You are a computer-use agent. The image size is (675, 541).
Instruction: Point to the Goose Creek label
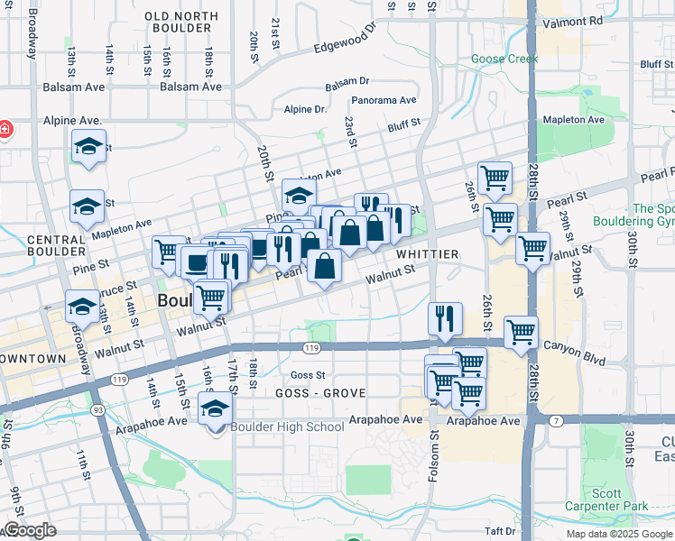click(x=504, y=60)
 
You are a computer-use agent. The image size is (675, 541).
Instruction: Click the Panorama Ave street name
click(x=384, y=100)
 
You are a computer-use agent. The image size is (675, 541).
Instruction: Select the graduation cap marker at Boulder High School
click(x=215, y=408)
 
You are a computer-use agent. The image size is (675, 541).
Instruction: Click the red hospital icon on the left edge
click(x=5, y=129)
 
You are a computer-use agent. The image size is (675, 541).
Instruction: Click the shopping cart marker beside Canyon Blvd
click(x=521, y=332)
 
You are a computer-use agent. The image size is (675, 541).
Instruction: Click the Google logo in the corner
click(x=30, y=530)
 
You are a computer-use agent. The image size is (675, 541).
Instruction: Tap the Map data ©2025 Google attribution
click(x=619, y=534)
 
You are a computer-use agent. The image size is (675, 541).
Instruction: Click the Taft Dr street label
click(x=498, y=531)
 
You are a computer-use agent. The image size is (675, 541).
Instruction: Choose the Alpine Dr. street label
click(x=304, y=109)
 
